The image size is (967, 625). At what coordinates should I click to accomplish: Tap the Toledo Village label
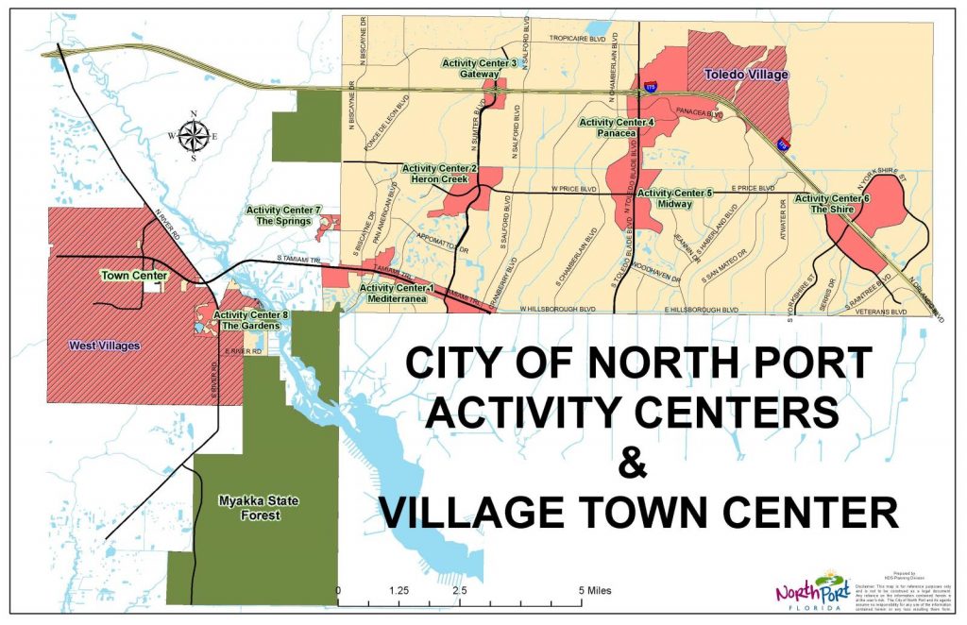pyautogui.click(x=746, y=73)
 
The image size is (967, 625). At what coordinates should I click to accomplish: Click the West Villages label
pyautogui.click(x=104, y=346)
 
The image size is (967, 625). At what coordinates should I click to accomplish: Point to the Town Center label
pyautogui.click(x=134, y=276)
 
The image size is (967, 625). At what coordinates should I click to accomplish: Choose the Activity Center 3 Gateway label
pyautogui.click(x=480, y=68)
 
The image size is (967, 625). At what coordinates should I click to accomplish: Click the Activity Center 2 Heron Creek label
pyautogui.click(x=440, y=174)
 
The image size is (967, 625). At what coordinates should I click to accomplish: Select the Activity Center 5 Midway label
pyautogui.click(x=675, y=198)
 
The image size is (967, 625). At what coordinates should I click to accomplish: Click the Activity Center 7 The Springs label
pyautogui.click(x=284, y=214)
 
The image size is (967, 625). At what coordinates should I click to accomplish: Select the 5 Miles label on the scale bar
pyautogui.click(x=594, y=589)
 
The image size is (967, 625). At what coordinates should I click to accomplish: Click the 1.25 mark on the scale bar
pyautogui.click(x=399, y=589)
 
